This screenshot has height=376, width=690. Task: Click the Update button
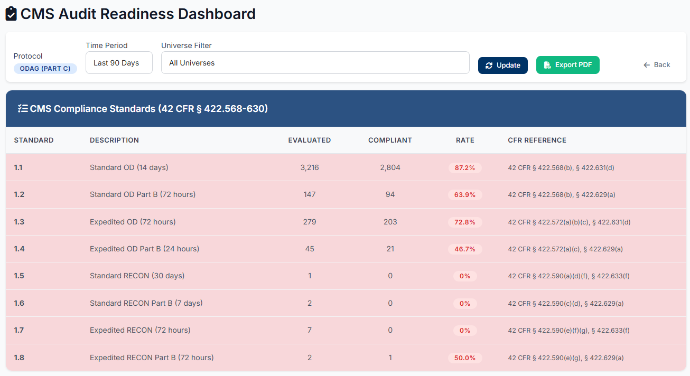[x=502, y=65]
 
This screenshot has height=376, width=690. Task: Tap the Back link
[x=656, y=65]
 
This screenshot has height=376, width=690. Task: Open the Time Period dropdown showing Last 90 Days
[x=119, y=63]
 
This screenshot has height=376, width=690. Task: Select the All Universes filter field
[x=315, y=63]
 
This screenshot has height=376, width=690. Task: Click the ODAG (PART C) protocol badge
[x=45, y=69]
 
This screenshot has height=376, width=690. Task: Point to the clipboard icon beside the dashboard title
[x=11, y=14]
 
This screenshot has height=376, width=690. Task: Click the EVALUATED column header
[x=309, y=140]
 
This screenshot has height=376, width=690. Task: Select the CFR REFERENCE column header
[x=537, y=140]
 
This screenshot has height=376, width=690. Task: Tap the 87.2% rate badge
[x=465, y=168]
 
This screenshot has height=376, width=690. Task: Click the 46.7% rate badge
[x=465, y=249]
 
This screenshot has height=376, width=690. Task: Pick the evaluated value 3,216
[x=309, y=167]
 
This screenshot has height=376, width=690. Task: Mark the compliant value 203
[x=390, y=222]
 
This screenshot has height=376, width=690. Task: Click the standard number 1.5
[x=19, y=276]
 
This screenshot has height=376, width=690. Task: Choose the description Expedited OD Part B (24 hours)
[x=144, y=249]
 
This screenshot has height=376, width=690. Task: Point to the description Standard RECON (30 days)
[x=137, y=276]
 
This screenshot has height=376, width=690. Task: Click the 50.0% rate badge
[x=465, y=358]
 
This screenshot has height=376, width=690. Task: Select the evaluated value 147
[x=309, y=194]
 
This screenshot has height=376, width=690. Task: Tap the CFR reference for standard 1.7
[x=568, y=331]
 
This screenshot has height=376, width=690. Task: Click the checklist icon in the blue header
[x=23, y=109]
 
